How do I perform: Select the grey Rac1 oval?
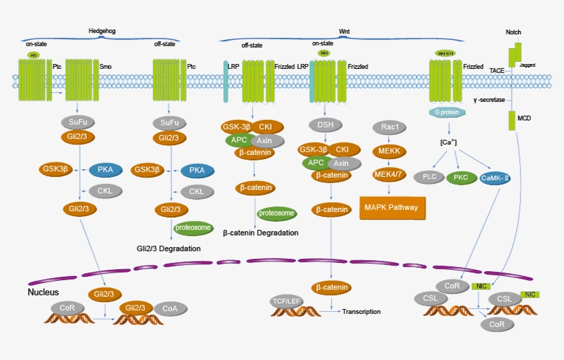tap(386, 127)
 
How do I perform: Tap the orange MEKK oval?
tap(386, 151)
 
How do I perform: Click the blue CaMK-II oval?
tap(495, 178)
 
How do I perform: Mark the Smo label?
tap(105, 67)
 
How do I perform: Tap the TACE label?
tap(497, 70)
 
